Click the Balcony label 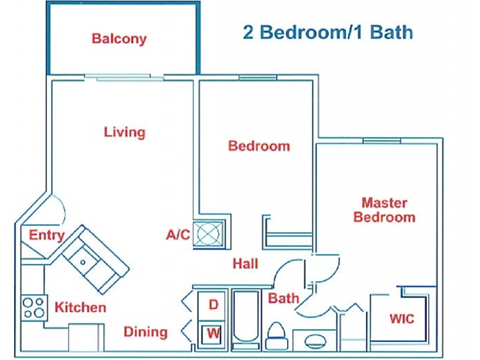pos(119,40)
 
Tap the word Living pos(124,132)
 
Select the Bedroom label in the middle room pos(259,146)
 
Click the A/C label pos(178,235)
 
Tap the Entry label pos(47,236)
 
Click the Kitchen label pos(80,307)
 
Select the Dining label pos(145,332)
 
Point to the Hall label pos(247,264)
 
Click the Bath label pos(283,298)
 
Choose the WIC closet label pos(401,320)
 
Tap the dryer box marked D pos(213,304)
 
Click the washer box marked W pos(213,332)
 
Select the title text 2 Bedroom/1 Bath pos(328,31)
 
